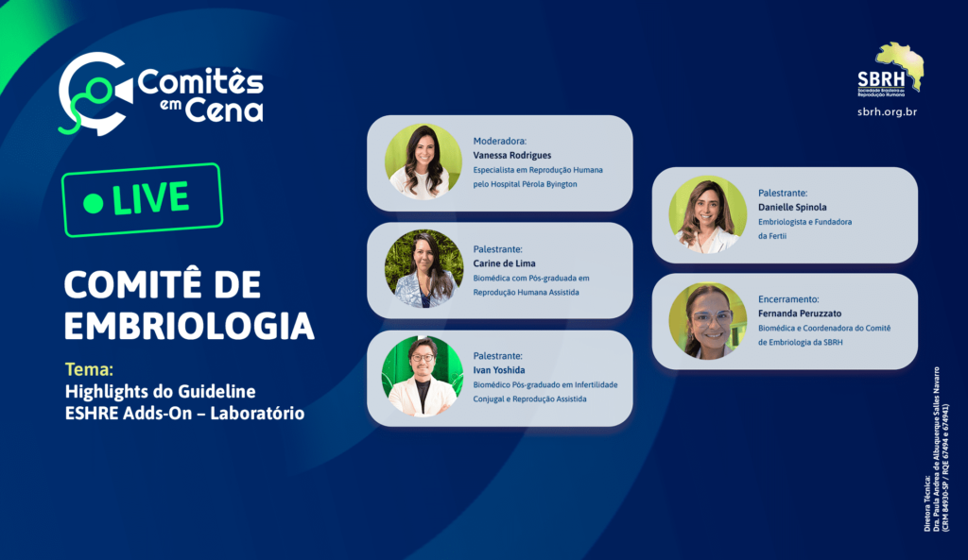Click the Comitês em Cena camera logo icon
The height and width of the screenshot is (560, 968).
(x=95, y=93)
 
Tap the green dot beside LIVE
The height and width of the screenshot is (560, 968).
(x=94, y=203)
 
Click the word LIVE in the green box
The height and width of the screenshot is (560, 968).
(x=150, y=198)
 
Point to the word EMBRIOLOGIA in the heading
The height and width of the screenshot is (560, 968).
(x=189, y=326)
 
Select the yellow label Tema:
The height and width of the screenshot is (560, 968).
(x=89, y=369)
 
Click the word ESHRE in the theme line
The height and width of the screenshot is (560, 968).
(x=92, y=414)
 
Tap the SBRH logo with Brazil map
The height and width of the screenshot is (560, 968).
(x=890, y=69)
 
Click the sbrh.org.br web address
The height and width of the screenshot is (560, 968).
(x=887, y=112)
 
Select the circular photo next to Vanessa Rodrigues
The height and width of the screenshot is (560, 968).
(x=423, y=162)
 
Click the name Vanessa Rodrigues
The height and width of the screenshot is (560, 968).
(x=511, y=156)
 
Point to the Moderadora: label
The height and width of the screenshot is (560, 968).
(x=499, y=142)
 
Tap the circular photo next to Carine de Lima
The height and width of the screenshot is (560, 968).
(x=423, y=269)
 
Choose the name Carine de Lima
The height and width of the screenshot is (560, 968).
(x=505, y=263)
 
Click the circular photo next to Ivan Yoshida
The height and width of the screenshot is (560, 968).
(x=423, y=376)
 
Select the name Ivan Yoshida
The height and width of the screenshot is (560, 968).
(x=499, y=370)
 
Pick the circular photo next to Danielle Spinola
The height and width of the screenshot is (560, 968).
(x=707, y=214)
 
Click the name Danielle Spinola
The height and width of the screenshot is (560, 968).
(x=792, y=207)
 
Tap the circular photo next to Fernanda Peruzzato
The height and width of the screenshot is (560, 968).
(x=707, y=321)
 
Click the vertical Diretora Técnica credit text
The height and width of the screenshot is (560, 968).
(x=937, y=449)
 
